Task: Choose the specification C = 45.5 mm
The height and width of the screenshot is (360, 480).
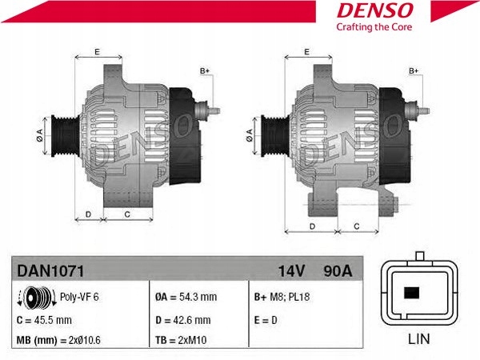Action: coord(44,320)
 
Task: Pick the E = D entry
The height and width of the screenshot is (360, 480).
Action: coord(266,320)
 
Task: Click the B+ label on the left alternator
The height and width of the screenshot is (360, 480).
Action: coord(204,71)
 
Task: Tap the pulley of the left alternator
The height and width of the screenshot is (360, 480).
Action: coord(65,134)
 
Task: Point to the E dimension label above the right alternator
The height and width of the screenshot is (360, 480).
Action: coord(306,51)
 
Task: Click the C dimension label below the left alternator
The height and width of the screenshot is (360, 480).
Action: coord(127,214)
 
